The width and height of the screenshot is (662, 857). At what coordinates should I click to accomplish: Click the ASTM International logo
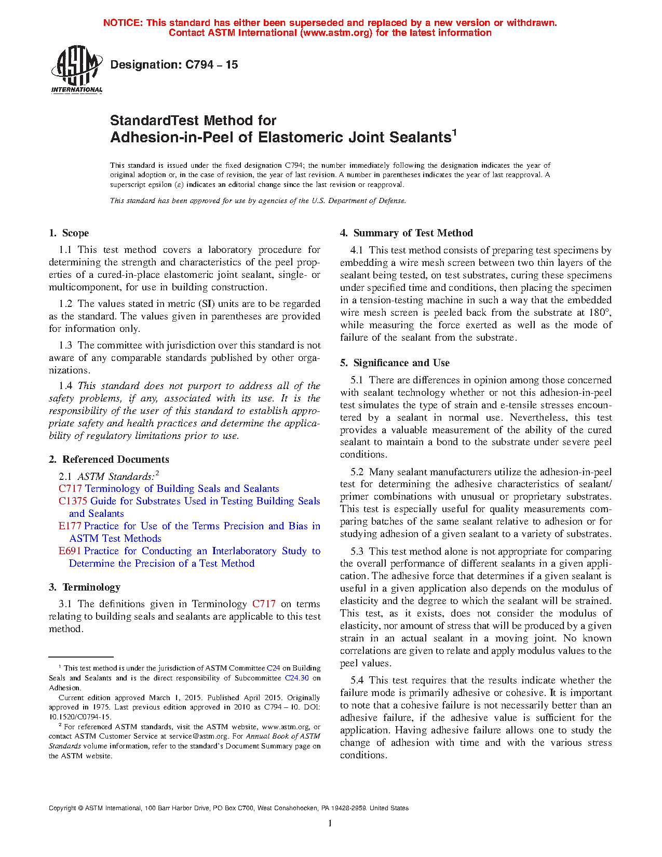click(x=76, y=69)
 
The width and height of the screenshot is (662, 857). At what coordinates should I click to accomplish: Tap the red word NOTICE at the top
click(x=123, y=23)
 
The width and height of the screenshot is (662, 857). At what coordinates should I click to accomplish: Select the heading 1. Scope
click(x=69, y=233)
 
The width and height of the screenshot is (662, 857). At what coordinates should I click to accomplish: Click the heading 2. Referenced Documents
click(x=109, y=460)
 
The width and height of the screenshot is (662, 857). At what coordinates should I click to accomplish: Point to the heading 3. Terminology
click(x=85, y=587)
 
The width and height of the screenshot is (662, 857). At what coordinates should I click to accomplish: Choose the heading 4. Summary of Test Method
click(x=407, y=233)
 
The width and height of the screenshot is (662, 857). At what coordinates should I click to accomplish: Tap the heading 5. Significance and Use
click(x=395, y=363)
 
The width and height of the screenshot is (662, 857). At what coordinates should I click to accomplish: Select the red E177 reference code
click(x=70, y=526)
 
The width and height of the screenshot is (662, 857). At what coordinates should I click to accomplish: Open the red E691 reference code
click(x=70, y=551)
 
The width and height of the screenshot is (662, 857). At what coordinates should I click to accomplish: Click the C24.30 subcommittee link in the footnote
click(x=297, y=678)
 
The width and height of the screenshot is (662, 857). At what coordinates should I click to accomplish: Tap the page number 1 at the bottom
click(x=330, y=823)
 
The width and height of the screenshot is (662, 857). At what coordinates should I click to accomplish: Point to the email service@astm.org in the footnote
click(x=199, y=737)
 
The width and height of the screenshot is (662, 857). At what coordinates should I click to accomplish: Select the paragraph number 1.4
click(x=65, y=386)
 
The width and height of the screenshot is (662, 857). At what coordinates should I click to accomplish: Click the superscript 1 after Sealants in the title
click(x=454, y=132)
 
